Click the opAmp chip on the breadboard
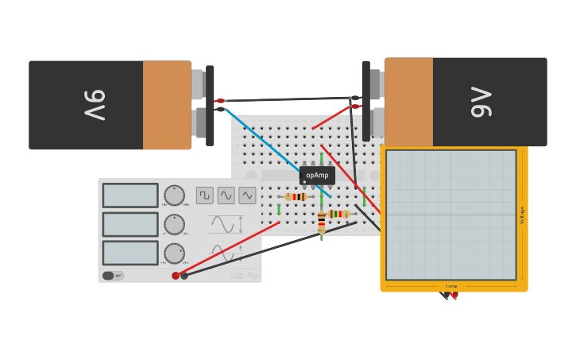(x=317, y=175)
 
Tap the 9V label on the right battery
(x=481, y=102)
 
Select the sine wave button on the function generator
(x=226, y=195)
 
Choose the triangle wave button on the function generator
(x=247, y=195)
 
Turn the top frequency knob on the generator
(x=174, y=195)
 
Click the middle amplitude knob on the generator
(x=174, y=225)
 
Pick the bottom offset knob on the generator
(x=174, y=254)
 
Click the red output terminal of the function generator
(x=176, y=276)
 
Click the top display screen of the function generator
(x=130, y=195)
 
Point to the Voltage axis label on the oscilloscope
(x=522, y=215)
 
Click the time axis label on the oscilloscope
(x=451, y=286)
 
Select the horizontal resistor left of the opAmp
(x=296, y=197)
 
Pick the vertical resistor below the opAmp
(x=321, y=224)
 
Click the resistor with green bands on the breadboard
(x=339, y=214)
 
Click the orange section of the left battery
(x=167, y=105)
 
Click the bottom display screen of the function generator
(x=130, y=253)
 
